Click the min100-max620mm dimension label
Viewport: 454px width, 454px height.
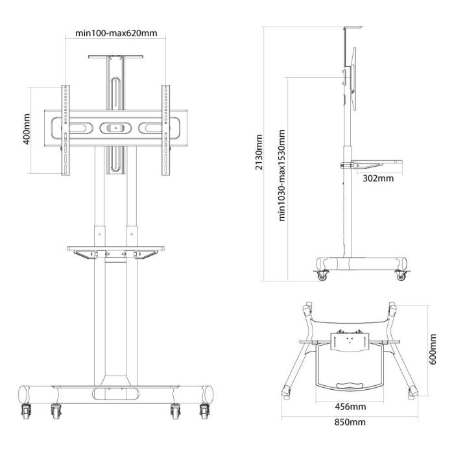pyautogui.click(x=115, y=34)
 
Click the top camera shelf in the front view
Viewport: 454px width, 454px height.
pyautogui.click(x=115, y=58)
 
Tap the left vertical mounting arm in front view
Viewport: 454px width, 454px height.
pyautogui.click(x=65, y=130)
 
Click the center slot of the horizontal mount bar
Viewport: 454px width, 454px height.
pyautogui.click(x=115, y=128)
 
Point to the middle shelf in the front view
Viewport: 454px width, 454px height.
pyautogui.click(x=115, y=248)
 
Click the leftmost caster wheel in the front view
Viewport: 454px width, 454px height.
pyautogui.click(x=27, y=410)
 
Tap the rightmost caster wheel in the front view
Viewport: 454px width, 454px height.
pyautogui.click(x=205, y=410)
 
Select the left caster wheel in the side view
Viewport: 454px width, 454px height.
pyautogui.click(x=322, y=276)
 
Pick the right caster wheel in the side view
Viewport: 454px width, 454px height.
pyautogui.click(x=400, y=276)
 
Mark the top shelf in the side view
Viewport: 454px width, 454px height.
pyautogui.click(x=350, y=28)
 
